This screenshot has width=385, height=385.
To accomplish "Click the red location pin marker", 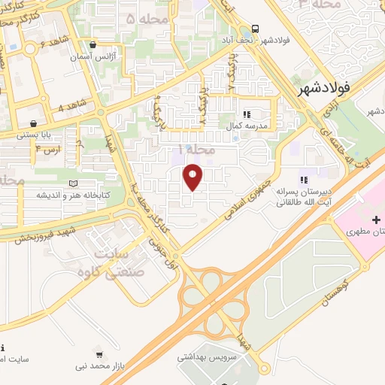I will click(194, 177).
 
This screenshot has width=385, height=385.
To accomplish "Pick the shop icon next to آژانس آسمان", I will click(92, 44).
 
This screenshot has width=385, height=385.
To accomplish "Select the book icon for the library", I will click(73, 183).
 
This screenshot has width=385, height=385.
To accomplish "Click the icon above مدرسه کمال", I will click(246, 114).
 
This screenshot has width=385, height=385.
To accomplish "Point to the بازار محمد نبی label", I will click(101, 365).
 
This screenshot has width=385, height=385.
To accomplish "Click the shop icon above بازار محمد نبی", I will click(100, 353).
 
